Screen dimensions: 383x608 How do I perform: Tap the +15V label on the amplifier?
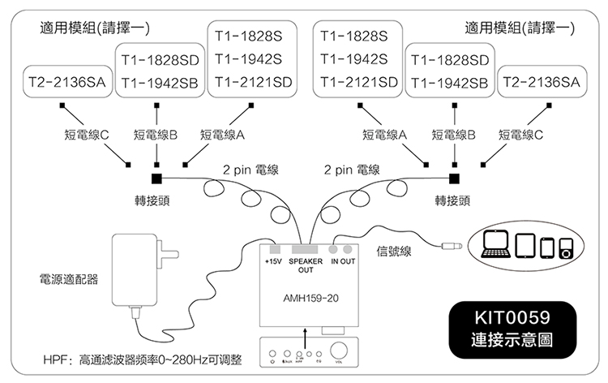tap(272, 262)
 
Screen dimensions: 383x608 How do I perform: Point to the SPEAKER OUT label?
tap(306, 265)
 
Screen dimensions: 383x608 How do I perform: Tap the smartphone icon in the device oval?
tap(547, 247)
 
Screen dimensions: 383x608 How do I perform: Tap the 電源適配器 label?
tap(69, 278)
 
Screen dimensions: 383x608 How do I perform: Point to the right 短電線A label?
tap(384, 135)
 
